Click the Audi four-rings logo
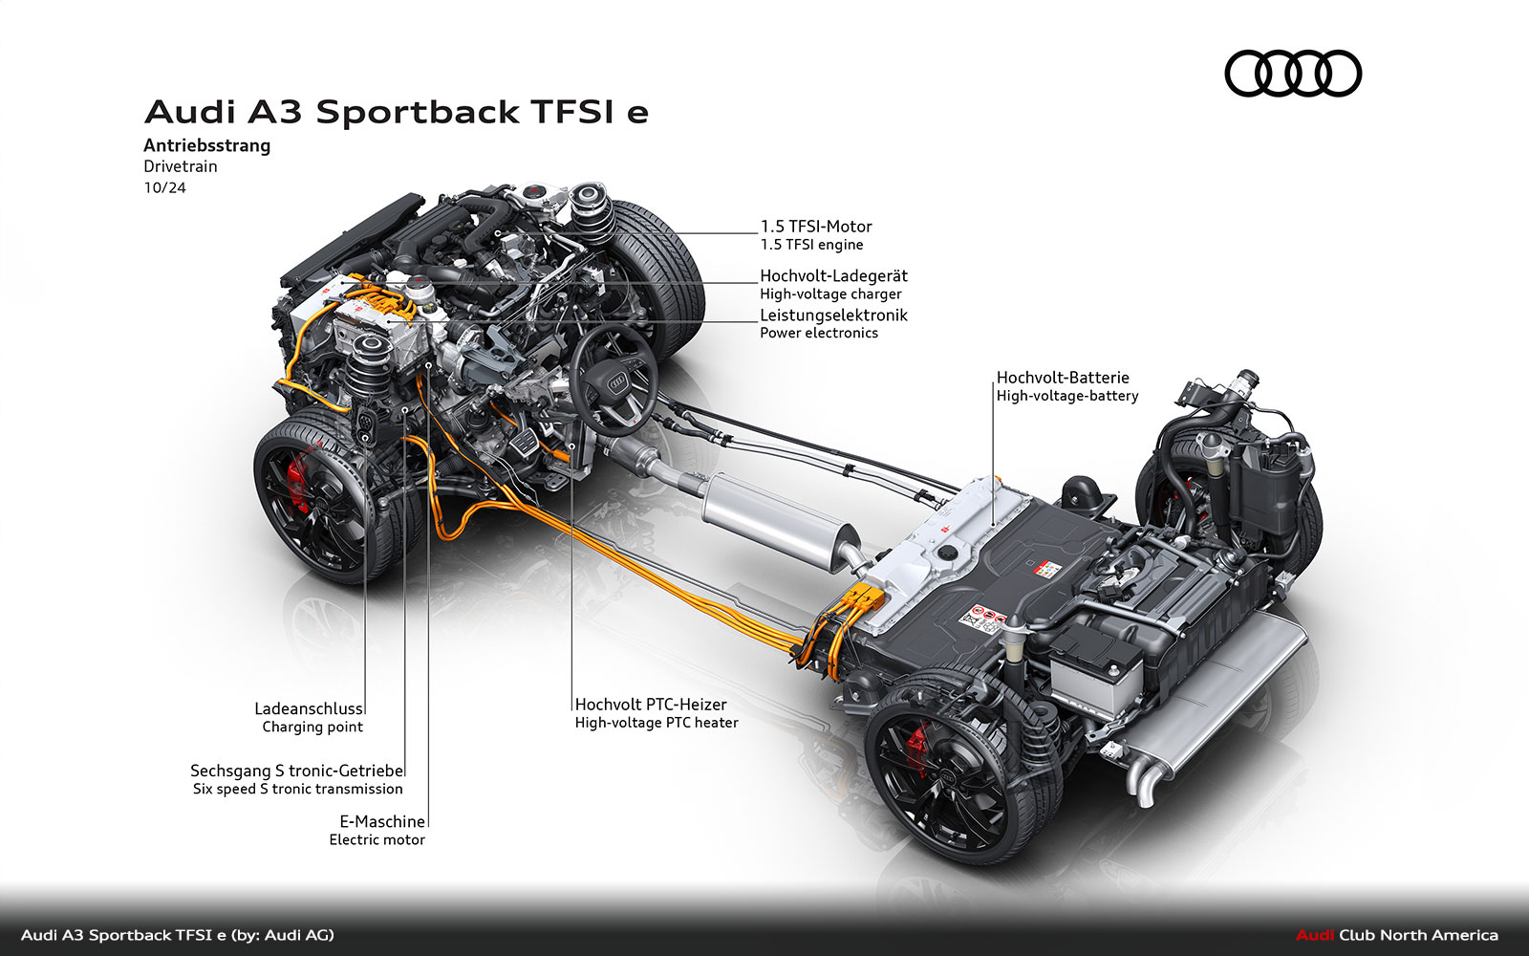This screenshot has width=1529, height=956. (x=1293, y=74)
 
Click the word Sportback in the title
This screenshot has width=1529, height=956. (x=417, y=112)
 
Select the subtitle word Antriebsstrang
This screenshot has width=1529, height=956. (x=206, y=145)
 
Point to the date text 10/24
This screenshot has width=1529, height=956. (x=164, y=187)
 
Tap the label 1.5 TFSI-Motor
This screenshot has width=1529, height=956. (x=815, y=227)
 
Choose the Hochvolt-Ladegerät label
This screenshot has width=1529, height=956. (x=833, y=275)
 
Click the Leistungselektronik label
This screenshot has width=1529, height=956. (x=833, y=315)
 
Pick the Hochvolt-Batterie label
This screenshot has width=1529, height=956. (x=1062, y=378)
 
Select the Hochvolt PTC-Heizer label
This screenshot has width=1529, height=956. (x=651, y=705)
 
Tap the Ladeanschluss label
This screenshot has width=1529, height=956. (x=308, y=708)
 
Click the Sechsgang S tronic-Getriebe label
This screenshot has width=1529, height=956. (x=296, y=771)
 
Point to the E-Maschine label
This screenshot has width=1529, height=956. (x=382, y=821)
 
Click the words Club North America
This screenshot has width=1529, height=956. (x=1418, y=935)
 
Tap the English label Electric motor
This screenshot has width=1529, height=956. (x=377, y=839)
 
